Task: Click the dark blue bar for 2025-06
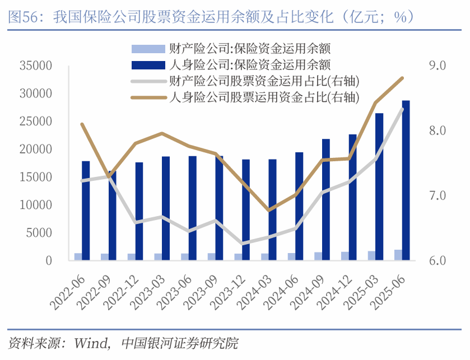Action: point(406,180)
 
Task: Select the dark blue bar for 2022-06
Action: point(86,211)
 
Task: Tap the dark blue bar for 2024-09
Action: point(325,199)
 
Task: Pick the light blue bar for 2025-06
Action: point(398,255)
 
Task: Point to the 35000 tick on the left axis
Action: point(36,66)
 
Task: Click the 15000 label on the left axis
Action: point(36,177)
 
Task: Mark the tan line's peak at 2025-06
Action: point(402,78)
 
